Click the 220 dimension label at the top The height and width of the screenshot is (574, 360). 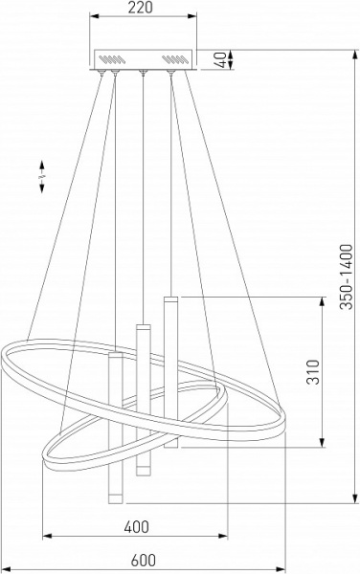[140, 8]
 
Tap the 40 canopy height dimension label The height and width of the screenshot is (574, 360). [220, 59]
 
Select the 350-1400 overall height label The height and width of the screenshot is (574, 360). [346, 276]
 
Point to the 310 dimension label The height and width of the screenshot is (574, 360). [313, 372]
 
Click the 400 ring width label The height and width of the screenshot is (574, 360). [136, 526]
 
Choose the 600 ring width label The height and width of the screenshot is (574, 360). [144, 560]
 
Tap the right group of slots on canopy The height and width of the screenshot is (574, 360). [174, 58]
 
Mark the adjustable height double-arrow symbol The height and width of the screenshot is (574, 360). [42, 176]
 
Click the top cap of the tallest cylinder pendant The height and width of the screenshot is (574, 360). [171, 299]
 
